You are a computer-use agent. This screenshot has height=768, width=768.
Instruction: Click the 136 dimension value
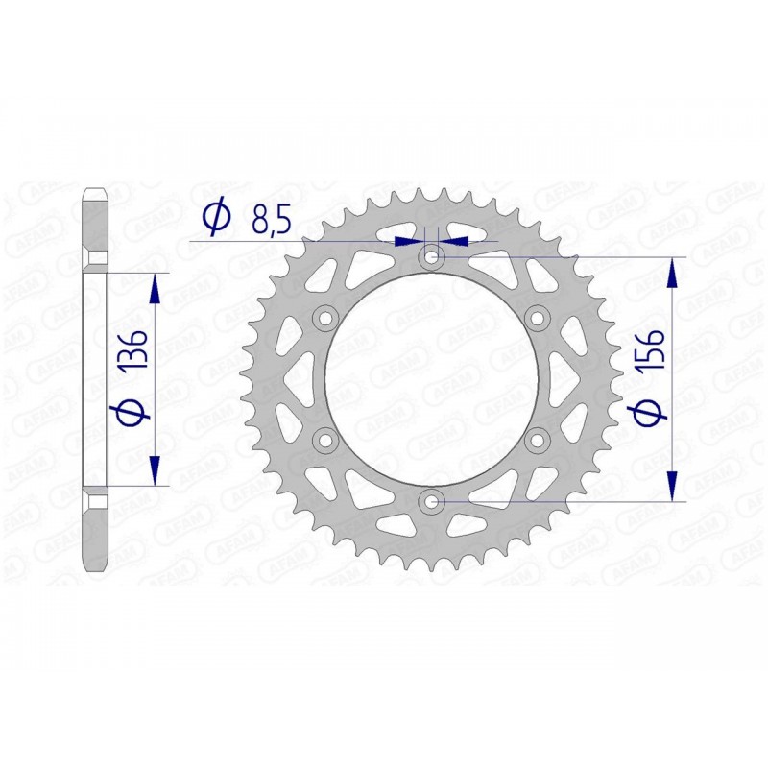134,353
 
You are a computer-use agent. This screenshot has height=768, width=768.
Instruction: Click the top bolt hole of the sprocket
431,256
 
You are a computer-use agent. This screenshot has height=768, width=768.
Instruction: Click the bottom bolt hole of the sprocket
431,501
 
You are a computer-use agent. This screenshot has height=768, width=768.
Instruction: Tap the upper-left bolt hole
324,318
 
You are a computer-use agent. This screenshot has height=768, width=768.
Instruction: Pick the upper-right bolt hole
537,318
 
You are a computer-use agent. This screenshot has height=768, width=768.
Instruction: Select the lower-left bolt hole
324,440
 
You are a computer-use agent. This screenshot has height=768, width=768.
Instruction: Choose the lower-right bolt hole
537,440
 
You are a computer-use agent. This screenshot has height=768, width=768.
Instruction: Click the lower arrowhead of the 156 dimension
671,486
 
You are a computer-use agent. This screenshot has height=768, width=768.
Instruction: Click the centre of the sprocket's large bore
431,378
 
